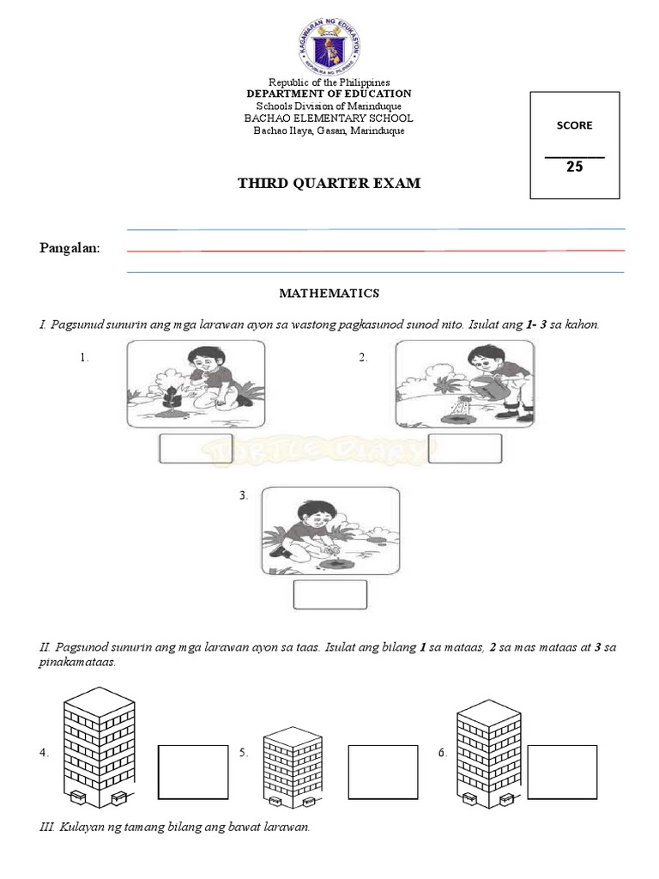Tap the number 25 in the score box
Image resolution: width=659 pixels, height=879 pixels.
point(574,167)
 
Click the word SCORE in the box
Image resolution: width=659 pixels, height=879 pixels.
point(574,125)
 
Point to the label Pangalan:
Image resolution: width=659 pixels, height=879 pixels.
point(70,248)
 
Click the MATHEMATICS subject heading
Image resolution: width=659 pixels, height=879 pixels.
point(329,294)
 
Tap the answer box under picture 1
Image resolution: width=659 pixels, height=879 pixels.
point(197,449)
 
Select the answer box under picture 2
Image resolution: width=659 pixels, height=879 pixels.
point(464,449)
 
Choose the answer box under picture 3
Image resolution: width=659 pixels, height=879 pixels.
point(330,595)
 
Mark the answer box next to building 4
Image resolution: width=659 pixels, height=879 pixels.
point(193,771)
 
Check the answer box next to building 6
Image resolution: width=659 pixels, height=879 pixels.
point(562,771)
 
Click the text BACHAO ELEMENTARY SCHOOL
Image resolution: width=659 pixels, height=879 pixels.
point(329,118)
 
